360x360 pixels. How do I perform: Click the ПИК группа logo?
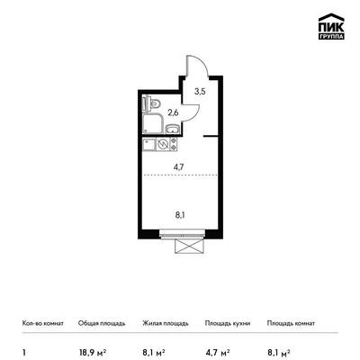(331, 26)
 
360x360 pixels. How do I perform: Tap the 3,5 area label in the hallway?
(200, 92)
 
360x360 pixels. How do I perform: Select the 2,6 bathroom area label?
(173, 113)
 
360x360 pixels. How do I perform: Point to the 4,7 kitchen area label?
(178, 166)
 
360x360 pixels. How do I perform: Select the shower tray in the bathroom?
(153, 123)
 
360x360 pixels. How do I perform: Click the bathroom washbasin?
(172, 129)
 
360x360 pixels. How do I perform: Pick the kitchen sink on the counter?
(149, 145)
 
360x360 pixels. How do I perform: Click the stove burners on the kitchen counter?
(174, 144)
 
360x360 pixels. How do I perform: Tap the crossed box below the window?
(190, 247)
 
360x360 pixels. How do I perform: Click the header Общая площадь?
(102, 323)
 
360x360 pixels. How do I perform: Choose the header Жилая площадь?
(166, 323)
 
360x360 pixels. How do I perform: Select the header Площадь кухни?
(228, 323)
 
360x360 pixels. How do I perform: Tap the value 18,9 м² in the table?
(93, 352)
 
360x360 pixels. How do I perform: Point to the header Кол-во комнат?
(43, 323)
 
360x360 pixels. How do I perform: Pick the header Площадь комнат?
(291, 323)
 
